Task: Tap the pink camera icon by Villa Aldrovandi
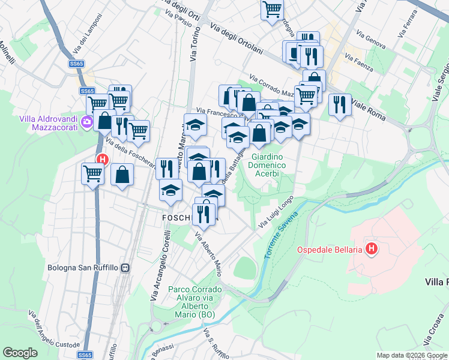tap(88, 123)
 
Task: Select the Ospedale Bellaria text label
tap(330, 248)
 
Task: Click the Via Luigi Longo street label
tap(276, 212)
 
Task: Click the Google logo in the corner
tap(20, 353)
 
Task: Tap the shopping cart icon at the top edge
tap(272, 10)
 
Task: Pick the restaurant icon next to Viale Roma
tap(340, 105)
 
